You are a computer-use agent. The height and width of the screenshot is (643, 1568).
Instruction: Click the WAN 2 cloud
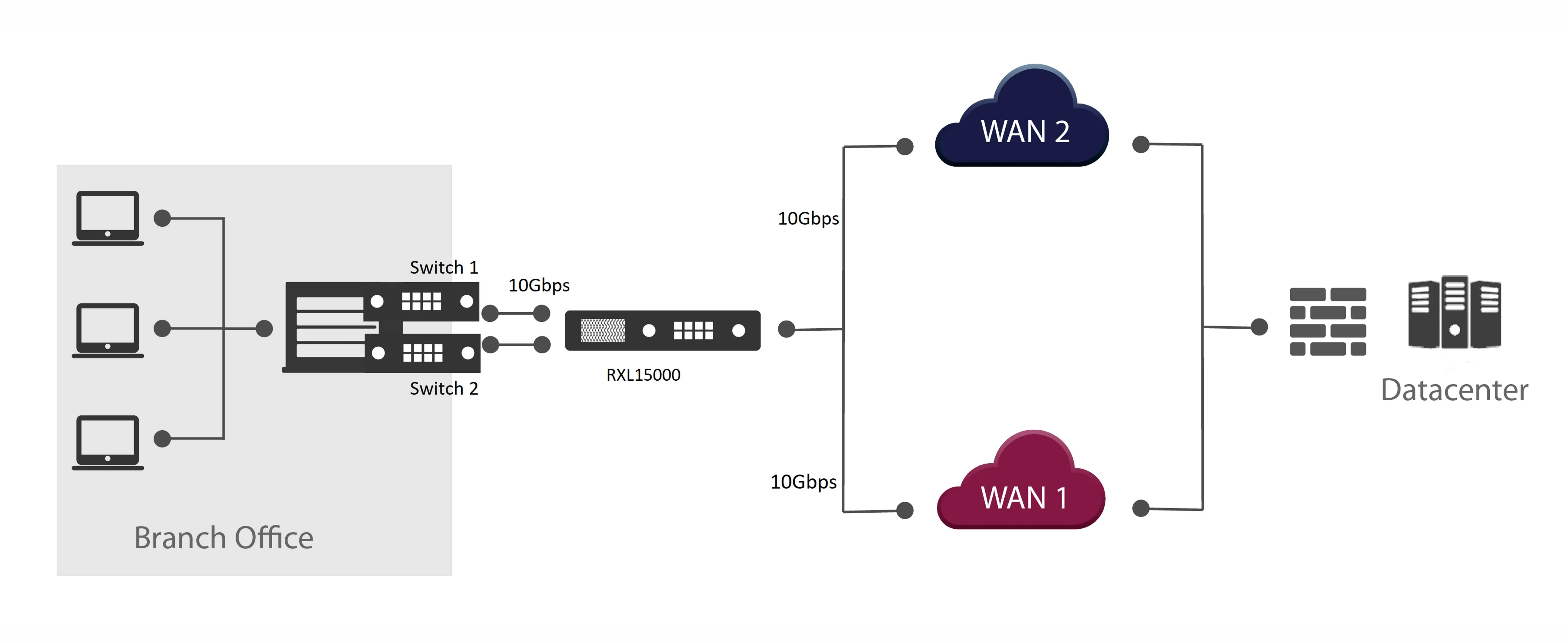click(1022, 116)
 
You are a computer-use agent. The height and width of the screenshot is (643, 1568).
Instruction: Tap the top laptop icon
click(108, 218)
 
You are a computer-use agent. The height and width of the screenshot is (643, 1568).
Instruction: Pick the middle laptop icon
click(108, 330)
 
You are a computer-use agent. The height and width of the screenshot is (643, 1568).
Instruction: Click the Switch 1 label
click(444, 267)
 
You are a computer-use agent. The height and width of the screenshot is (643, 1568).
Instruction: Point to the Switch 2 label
click(444, 389)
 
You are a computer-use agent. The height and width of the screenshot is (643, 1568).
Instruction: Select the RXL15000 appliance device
click(663, 331)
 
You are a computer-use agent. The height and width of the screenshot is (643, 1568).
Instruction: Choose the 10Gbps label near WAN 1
click(804, 482)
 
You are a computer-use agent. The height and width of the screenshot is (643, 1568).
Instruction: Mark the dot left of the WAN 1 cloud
click(905, 510)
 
